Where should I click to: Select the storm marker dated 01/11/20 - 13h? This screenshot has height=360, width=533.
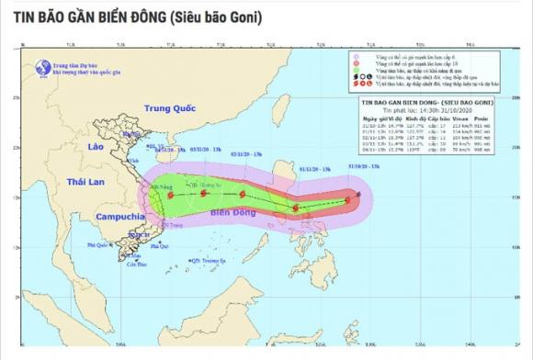[296, 208]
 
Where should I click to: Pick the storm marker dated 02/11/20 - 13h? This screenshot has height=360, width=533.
[243, 195]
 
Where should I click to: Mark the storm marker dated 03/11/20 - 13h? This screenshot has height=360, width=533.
[203, 193]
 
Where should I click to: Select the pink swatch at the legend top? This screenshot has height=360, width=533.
[358, 57]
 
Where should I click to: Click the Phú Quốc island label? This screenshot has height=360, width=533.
[93, 246]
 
